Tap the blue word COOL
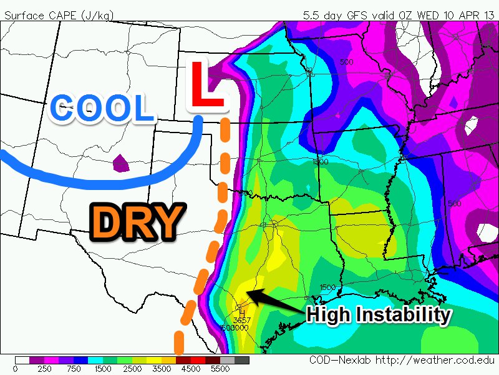pos(102,108)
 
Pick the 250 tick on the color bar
pos(44,369)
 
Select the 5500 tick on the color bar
pos(221,369)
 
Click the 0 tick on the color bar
pos(15,369)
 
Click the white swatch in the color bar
pos(22,361)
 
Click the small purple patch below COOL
pos(120,164)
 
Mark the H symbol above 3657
pos(241,312)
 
